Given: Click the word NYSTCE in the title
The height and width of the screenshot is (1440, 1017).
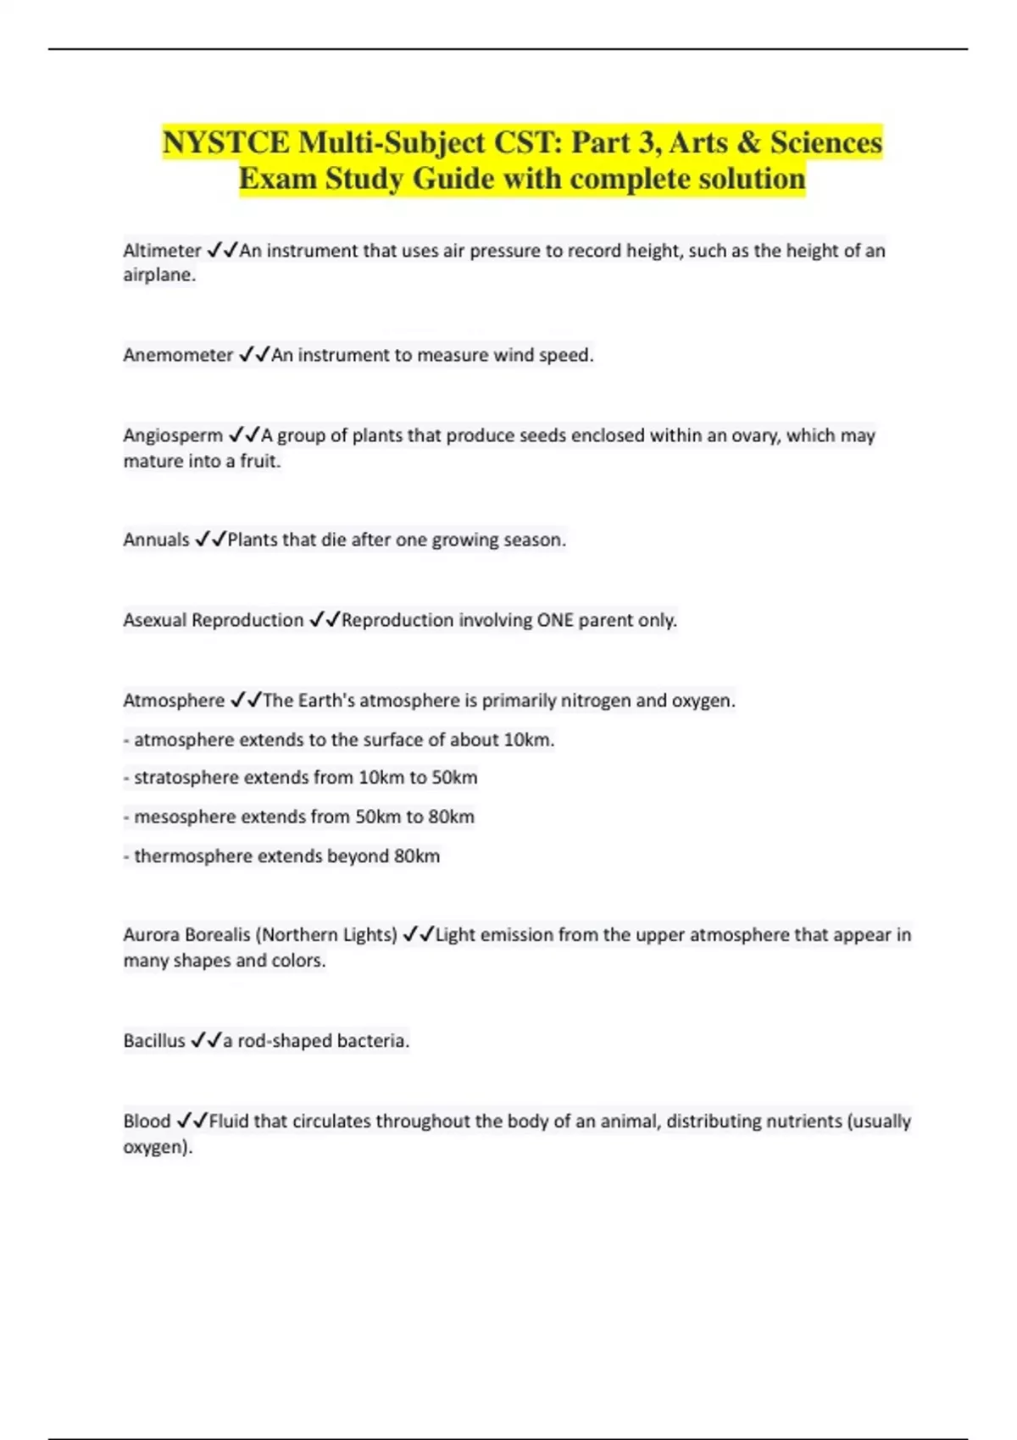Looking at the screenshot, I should pyautogui.click(x=225, y=142).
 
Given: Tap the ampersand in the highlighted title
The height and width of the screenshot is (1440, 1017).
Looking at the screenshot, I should pyautogui.click(x=747, y=142).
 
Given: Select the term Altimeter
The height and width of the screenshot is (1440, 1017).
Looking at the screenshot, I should pyautogui.click(x=162, y=251).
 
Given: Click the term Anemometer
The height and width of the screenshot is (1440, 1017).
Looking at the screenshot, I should pyautogui.click(x=178, y=355).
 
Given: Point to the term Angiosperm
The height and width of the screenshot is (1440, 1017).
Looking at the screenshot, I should pyautogui.click(x=173, y=435).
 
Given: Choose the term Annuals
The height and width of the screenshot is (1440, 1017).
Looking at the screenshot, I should pyautogui.click(x=156, y=540).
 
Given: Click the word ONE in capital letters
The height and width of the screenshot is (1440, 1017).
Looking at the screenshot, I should pyautogui.click(x=555, y=620).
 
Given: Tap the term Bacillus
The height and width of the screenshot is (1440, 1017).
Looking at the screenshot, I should pyautogui.click(x=153, y=1040).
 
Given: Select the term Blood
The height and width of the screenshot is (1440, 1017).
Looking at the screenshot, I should pyautogui.click(x=147, y=1121).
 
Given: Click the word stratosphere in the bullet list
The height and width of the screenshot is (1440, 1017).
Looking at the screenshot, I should pyautogui.click(x=186, y=778).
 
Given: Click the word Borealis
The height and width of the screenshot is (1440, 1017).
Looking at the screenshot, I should pyautogui.click(x=217, y=934).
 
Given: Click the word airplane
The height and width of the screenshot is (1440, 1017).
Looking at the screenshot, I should pyautogui.click(x=158, y=275).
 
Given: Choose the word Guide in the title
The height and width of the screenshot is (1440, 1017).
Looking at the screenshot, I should pyautogui.click(x=453, y=179).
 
